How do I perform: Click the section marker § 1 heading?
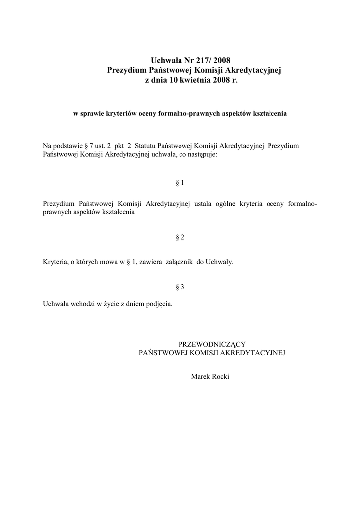coord(180,183)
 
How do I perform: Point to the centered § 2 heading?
coord(180,237)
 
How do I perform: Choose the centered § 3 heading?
coord(180,287)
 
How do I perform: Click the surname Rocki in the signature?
coord(219,376)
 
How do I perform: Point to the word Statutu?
coord(145,146)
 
